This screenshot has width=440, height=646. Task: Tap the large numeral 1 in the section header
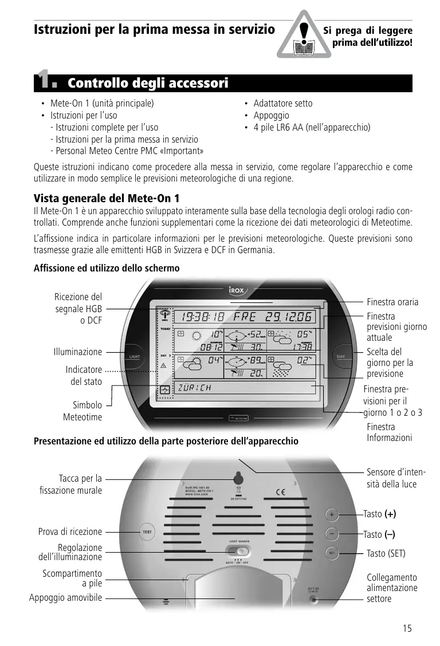click(x=45, y=81)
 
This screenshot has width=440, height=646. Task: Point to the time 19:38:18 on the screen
click(x=203, y=317)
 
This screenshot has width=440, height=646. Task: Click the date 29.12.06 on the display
click(x=288, y=317)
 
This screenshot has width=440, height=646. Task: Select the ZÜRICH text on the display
click(x=195, y=388)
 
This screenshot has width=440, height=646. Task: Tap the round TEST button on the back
click(x=147, y=531)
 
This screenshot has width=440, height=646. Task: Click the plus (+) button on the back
click(x=332, y=514)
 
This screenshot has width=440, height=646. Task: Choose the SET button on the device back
click(x=332, y=553)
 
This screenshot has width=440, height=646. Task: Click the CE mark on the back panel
click(x=281, y=491)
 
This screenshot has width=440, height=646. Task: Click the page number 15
click(x=407, y=628)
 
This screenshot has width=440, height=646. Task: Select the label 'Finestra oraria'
click(x=392, y=302)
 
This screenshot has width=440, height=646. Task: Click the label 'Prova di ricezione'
click(x=70, y=531)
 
